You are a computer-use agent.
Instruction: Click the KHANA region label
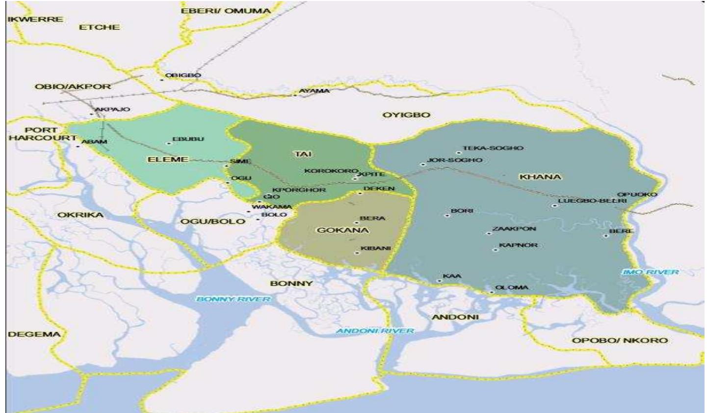[x=540, y=177]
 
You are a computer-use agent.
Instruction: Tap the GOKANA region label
[x=343, y=230]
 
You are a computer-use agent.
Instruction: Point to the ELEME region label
[x=168, y=159]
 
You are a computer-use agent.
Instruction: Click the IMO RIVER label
[x=650, y=272]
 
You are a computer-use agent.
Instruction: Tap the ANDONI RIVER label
[x=374, y=331]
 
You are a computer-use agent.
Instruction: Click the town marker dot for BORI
[x=447, y=215]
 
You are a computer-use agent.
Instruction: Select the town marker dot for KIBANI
[x=357, y=253]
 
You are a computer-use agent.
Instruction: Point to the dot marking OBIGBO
[x=161, y=80]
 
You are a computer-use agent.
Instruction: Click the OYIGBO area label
[x=406, y=115]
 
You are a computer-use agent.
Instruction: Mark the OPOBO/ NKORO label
[x=620, y=340]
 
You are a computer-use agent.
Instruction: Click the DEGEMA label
[x=34, y=334]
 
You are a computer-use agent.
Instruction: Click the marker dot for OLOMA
[x=491, y=292]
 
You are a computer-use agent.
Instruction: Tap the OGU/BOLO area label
[x=212, y=221]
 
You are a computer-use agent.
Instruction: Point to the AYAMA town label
[x=314, y=91]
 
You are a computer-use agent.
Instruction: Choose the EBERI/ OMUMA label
[x=226, y=11]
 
